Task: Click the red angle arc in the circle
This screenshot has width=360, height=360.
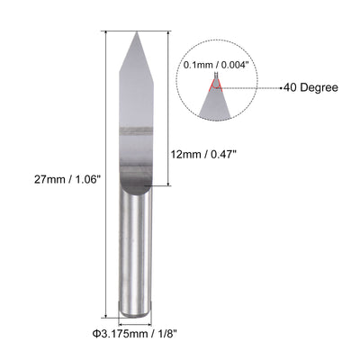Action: [215, 85]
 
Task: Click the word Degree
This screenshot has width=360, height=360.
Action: [323, 87]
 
